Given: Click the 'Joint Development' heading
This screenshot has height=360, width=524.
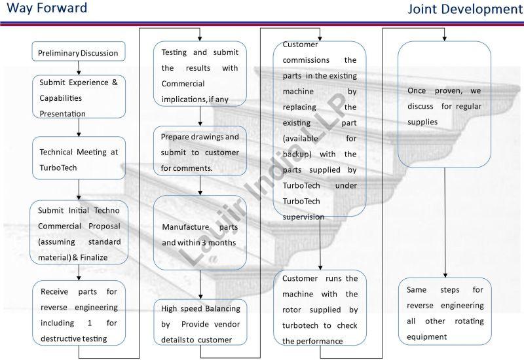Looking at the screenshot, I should pos(465,9).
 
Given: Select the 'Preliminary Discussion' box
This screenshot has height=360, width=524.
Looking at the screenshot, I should pos(78,52).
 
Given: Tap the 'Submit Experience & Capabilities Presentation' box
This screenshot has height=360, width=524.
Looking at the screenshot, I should pos(78,98).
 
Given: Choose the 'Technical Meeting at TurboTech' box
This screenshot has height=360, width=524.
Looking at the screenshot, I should pos(78,159).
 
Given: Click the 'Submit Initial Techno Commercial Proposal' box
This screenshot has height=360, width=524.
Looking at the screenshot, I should pos(78,233).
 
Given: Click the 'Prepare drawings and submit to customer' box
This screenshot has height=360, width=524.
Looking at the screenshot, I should pos(200,152).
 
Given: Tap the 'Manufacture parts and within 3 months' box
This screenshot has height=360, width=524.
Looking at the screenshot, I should pos(200,234).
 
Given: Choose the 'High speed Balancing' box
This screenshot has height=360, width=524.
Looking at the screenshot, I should pos(200,323).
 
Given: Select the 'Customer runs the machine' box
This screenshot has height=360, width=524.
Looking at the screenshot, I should pos(319,309).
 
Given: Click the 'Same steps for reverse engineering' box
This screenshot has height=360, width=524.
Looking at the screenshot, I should pos(445,313).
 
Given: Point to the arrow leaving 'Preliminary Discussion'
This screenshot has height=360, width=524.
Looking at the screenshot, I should pos(79,67).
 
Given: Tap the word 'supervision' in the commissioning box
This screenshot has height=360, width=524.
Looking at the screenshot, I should pos(303,217).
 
